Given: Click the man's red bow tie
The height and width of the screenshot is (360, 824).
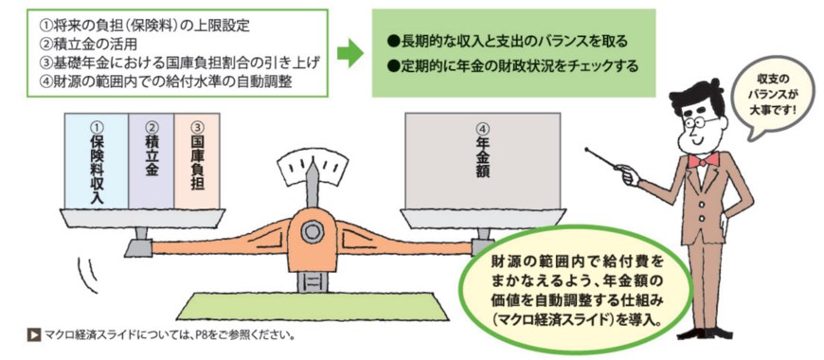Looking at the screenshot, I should pos(702,160).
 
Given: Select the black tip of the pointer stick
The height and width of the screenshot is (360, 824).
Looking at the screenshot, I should pos(588,149).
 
